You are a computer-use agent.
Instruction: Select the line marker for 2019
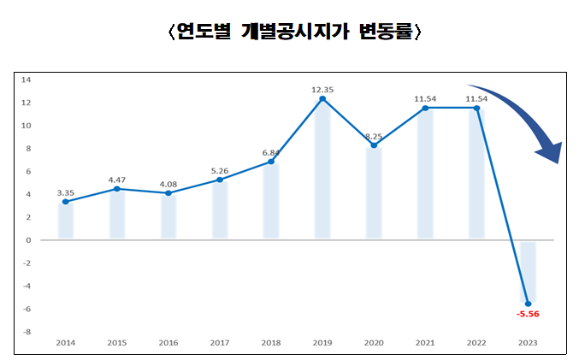click(322, 99)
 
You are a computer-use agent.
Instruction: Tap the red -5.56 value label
click(528, 314)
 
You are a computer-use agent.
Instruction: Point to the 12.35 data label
click(322, 89)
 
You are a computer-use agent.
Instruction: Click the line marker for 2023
click(528, 304)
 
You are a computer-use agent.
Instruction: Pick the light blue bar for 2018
click(271, 201)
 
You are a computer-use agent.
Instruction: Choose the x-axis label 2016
click(168, 342)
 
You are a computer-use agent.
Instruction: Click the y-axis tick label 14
click(26, 80)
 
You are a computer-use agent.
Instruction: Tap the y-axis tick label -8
click(26, 332)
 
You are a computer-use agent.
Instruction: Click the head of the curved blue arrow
click(547, 152)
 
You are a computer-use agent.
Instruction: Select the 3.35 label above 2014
click(66, 192)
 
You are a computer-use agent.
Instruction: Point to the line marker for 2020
click(374, 145)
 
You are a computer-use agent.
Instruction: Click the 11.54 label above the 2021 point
click(425, 98)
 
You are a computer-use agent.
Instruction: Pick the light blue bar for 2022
click(476, 174)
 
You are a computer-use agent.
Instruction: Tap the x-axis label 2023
click(528, 342)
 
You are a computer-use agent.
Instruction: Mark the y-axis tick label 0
click(27, 240)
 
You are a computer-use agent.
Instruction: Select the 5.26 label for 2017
click(220, 170)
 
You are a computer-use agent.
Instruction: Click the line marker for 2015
click(117, 189)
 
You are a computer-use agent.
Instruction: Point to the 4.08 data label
click(168, 183)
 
